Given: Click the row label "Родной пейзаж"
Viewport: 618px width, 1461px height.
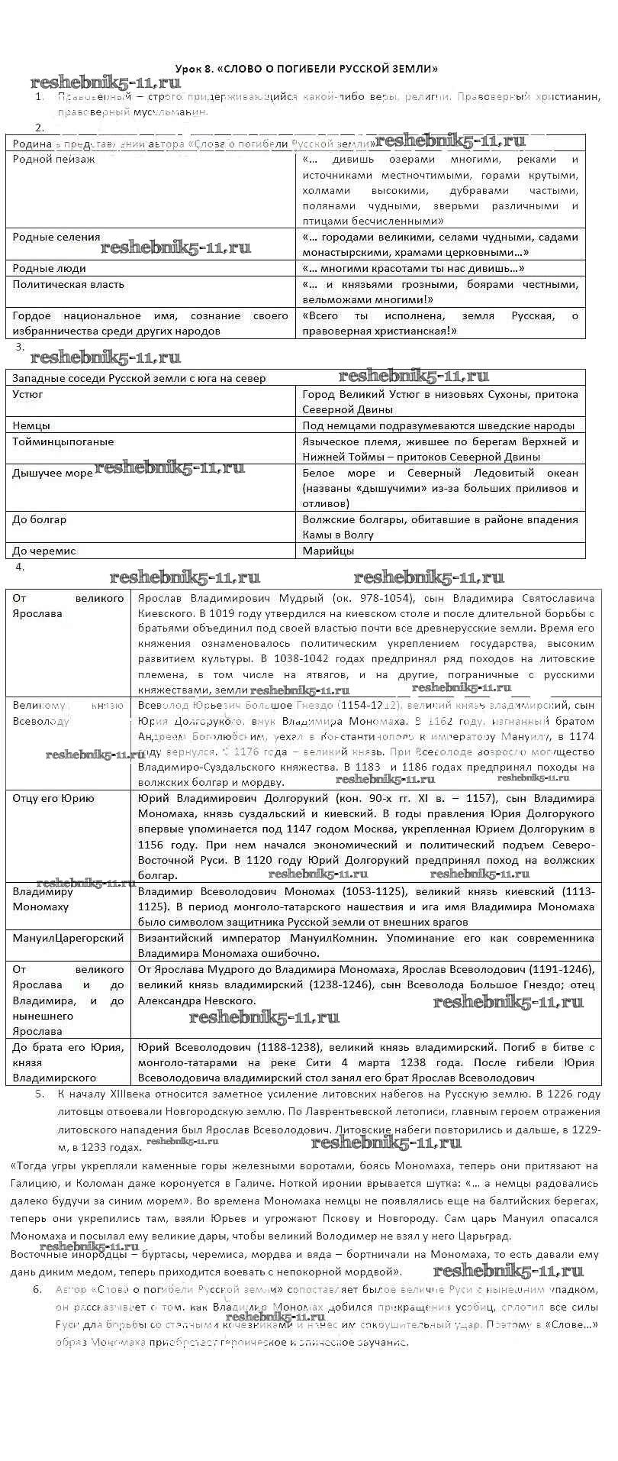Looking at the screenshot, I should [x=53, y=160].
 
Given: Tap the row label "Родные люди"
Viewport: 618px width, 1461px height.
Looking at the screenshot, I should [x=49, y=269].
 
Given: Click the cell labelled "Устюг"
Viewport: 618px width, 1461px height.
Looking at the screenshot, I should [x=27, y=395].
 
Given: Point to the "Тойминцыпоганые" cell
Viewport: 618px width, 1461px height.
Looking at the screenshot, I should [x=63, y=441].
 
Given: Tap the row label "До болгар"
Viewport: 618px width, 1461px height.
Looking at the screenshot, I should [x=39, y=520].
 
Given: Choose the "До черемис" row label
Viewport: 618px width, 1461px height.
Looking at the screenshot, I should [x=43, y=551].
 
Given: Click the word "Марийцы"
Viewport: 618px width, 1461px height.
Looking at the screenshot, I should [x=328, y=551].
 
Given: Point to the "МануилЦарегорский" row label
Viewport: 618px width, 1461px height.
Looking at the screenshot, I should [x=68, y=938].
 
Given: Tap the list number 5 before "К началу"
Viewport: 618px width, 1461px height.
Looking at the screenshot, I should [x=39, y=1094].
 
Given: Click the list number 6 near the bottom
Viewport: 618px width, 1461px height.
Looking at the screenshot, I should [x=37, y=1289].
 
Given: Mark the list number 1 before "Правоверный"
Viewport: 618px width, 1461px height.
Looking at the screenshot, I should [x=39, y=97].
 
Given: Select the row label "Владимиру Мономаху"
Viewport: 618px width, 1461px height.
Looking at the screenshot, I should [x=43, y=899].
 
